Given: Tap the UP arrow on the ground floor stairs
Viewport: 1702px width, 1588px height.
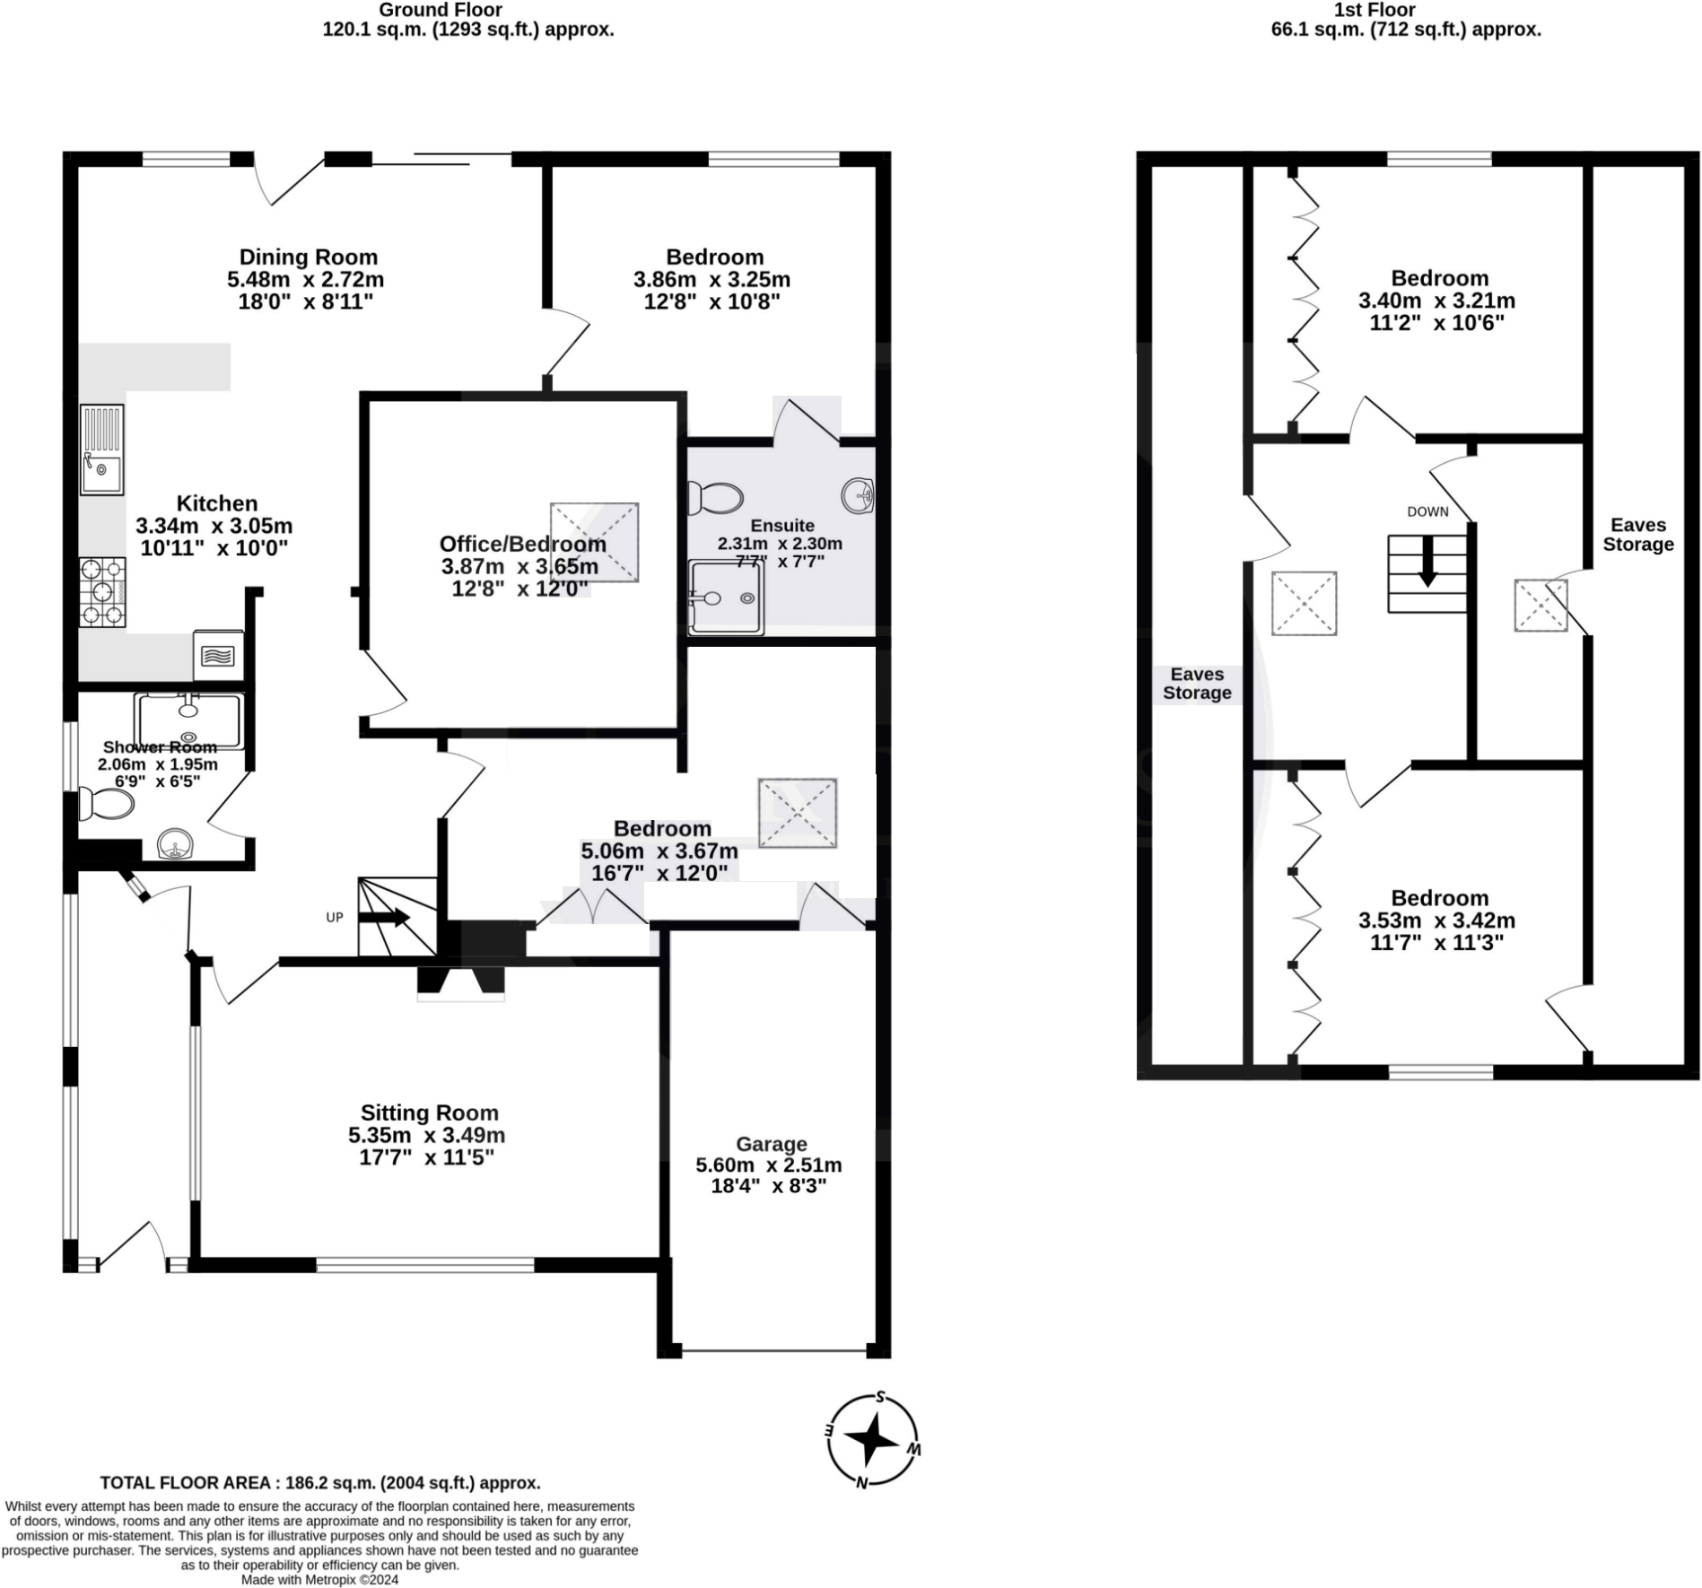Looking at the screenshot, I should tap(385, 917).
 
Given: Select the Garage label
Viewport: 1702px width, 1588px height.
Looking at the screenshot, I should tap(771, 1144).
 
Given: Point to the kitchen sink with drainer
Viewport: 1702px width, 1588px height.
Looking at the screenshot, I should tap(101, 449).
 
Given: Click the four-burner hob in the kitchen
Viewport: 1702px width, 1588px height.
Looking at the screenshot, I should tap(102, 592).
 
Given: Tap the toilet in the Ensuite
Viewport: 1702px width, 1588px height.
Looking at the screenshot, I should tap(716, 497).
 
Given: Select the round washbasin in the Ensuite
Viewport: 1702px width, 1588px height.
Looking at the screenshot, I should tap(858, 494).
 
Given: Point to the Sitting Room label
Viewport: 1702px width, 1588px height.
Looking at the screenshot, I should tap(429, 1112).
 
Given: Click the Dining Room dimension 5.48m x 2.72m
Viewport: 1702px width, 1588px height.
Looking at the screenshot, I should tap(305, 280).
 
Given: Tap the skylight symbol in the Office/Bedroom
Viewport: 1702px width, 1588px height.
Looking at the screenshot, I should tap(594, 542).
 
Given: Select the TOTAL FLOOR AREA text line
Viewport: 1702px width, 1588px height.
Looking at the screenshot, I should tap(319, 1482).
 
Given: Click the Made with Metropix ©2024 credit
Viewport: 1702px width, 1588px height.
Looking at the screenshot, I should tap(319, 1579).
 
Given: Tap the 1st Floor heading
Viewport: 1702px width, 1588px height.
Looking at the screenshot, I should tap(1374, 10).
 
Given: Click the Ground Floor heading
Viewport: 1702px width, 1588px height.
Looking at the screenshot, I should tap(440, 10).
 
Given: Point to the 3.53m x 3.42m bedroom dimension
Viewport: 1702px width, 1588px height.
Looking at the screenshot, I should tap(1436, 920).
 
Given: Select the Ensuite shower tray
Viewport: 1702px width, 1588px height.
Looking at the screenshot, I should tap(726, 598).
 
